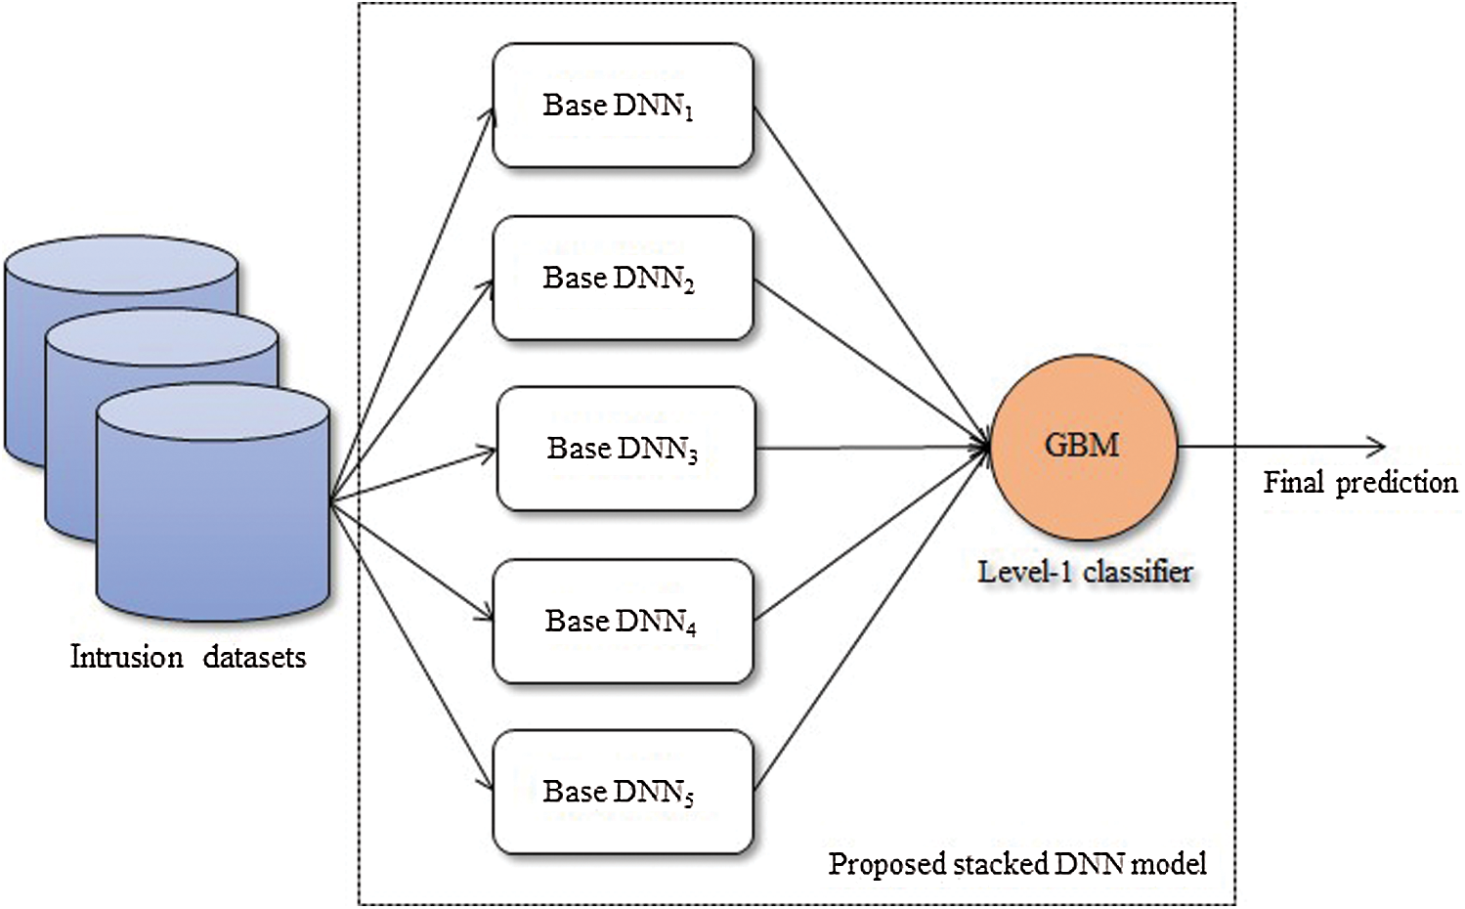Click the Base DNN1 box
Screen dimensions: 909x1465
click(623, 106)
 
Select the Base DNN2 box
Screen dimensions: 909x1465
click(623, 279)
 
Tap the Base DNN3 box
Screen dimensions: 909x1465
click(625, 449)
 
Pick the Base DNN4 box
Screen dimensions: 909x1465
click(623, 621)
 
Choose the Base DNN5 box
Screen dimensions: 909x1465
click(623, 792)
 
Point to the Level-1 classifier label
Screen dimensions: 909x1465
click(1085, 571)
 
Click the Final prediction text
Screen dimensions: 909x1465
click(1359, 482)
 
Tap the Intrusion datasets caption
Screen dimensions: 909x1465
click(188, 657)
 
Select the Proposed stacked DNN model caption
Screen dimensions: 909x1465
click(1017, 864)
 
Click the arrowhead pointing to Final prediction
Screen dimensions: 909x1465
click(1378, 448)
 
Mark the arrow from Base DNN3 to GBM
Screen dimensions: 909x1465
click(870, 449)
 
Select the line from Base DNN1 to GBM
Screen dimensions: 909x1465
click(870, 274)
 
